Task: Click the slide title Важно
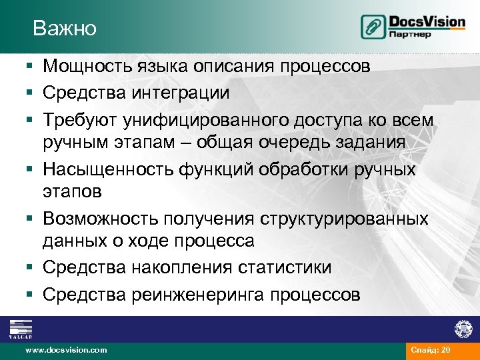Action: (x=65, y=28)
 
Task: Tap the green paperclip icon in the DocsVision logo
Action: (x=372, y=27)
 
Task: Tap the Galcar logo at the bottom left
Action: (x=21, y=329)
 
